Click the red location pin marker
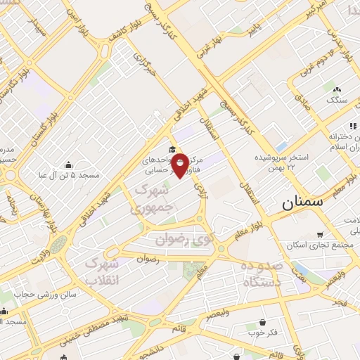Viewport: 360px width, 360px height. [180, 165]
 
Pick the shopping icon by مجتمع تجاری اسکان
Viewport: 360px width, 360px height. [320, 234]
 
